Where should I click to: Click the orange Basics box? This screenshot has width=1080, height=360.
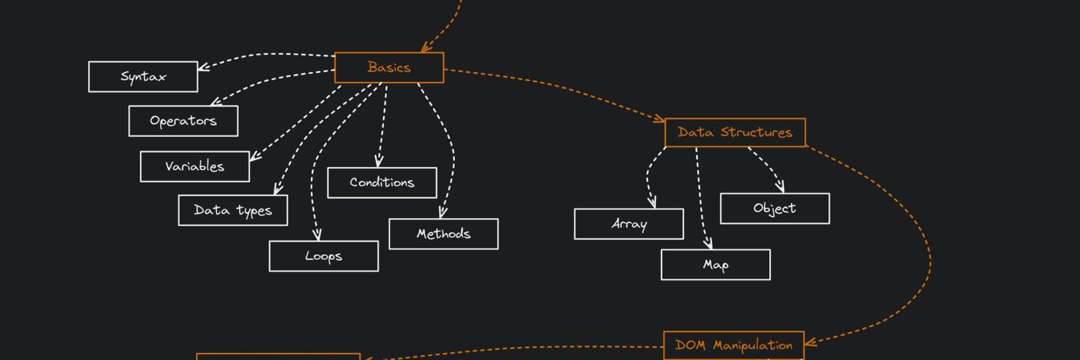389,68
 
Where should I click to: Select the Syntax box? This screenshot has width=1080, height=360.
143,76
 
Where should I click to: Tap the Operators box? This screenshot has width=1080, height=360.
183,121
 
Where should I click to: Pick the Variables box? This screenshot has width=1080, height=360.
195,167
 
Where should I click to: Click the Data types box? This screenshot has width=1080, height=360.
233,210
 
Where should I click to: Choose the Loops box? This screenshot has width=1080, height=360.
323,256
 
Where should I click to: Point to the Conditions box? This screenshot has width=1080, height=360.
382,183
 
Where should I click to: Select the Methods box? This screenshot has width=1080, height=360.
444,234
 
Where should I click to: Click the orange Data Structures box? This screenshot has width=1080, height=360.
735,132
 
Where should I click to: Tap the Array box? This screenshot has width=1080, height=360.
629,224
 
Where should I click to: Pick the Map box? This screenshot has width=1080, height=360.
716,264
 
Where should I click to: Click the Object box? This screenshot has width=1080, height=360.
775,209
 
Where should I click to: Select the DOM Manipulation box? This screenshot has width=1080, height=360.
734,346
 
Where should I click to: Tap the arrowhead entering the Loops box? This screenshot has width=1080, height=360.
317,235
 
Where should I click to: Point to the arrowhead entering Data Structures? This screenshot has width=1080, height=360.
659,118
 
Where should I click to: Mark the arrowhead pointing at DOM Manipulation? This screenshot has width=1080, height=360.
811,342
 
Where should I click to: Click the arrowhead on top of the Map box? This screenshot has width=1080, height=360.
708,244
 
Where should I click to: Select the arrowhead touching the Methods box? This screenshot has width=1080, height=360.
443,212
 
